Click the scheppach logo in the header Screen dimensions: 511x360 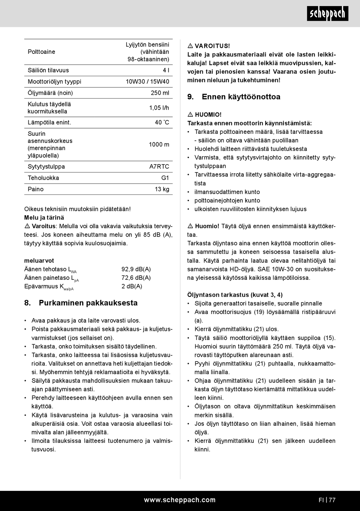[327, 14]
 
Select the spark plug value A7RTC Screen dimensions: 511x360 [159, 166]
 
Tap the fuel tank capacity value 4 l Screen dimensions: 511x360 [166, 70]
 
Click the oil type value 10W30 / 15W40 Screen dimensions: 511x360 [147, 82]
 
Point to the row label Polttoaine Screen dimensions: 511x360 [41, 52]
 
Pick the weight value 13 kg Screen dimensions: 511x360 [162, 189]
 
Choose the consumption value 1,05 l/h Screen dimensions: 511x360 [159, 108]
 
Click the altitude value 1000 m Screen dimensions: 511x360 [159, 144]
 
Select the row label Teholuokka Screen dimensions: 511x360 [43, 178]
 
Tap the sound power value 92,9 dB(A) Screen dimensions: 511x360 [136, 269]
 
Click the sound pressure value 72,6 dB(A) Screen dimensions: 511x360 [136, 277]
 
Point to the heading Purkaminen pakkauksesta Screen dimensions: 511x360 [88, 303]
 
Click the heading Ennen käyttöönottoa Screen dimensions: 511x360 [241, 97]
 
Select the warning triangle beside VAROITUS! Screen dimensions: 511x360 [190, 46]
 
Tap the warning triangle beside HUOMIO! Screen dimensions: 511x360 [190, 114]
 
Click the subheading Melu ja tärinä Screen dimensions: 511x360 [44, 218]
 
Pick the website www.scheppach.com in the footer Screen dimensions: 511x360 [180, 500]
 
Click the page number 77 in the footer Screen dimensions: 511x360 [332, 500]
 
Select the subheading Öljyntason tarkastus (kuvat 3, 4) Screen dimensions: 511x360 [235, 295]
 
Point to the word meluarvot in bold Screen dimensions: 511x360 [39, 260]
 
